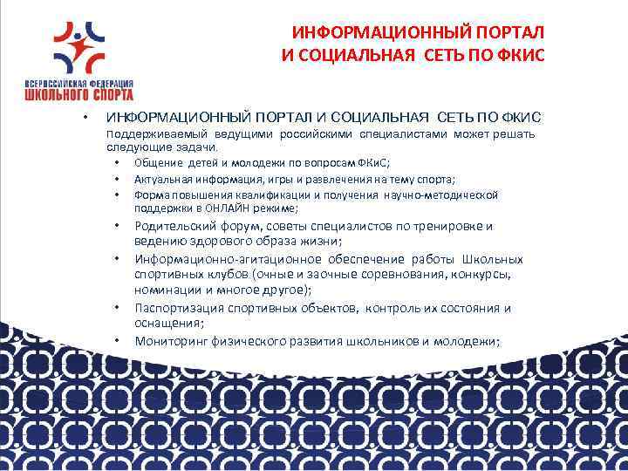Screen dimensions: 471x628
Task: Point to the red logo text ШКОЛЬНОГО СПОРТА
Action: (x=80, y=93)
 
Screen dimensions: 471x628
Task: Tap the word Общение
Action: (x=158, y=163)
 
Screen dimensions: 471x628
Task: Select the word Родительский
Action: (x=175, y=227)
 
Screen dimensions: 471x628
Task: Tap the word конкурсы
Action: (x=483, y=275)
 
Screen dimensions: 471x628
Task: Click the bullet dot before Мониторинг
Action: (x=116, y=340)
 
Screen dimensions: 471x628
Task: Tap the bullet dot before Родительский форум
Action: (x=116, y=227)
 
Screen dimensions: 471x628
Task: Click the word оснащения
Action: (x=166, y=324)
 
